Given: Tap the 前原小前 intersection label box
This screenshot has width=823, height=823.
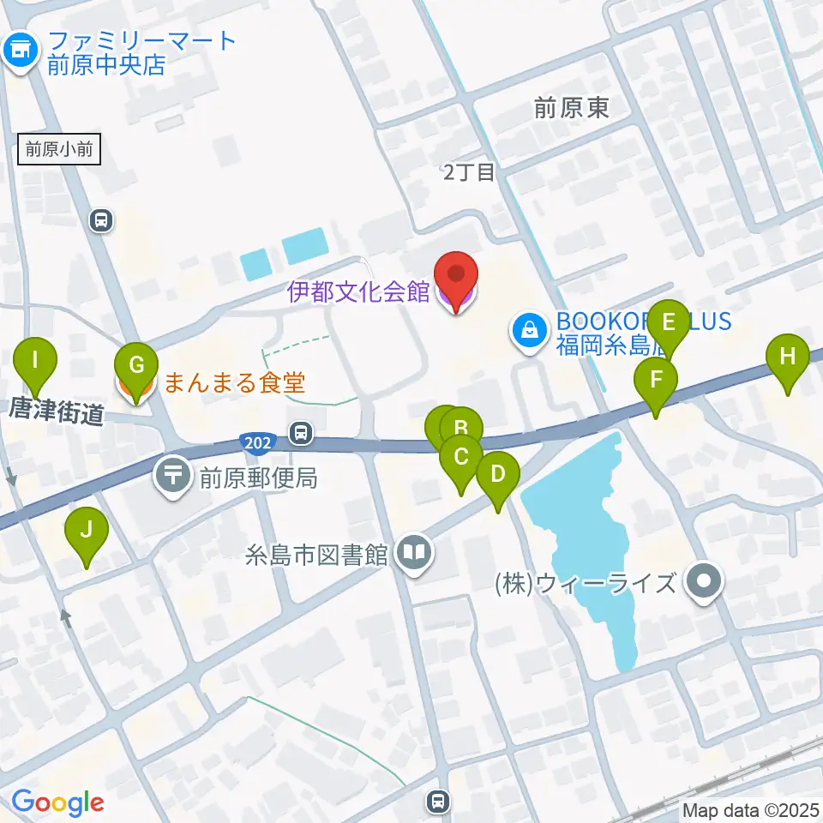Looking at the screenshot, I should [x=59, y=149].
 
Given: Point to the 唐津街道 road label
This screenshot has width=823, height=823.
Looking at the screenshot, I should [x=57, y=411].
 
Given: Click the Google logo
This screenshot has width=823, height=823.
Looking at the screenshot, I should [x=57, y=802].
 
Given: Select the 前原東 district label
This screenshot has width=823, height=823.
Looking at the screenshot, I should [x=571, y=107].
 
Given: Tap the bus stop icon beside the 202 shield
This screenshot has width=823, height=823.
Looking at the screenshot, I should [x=300, y=433].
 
